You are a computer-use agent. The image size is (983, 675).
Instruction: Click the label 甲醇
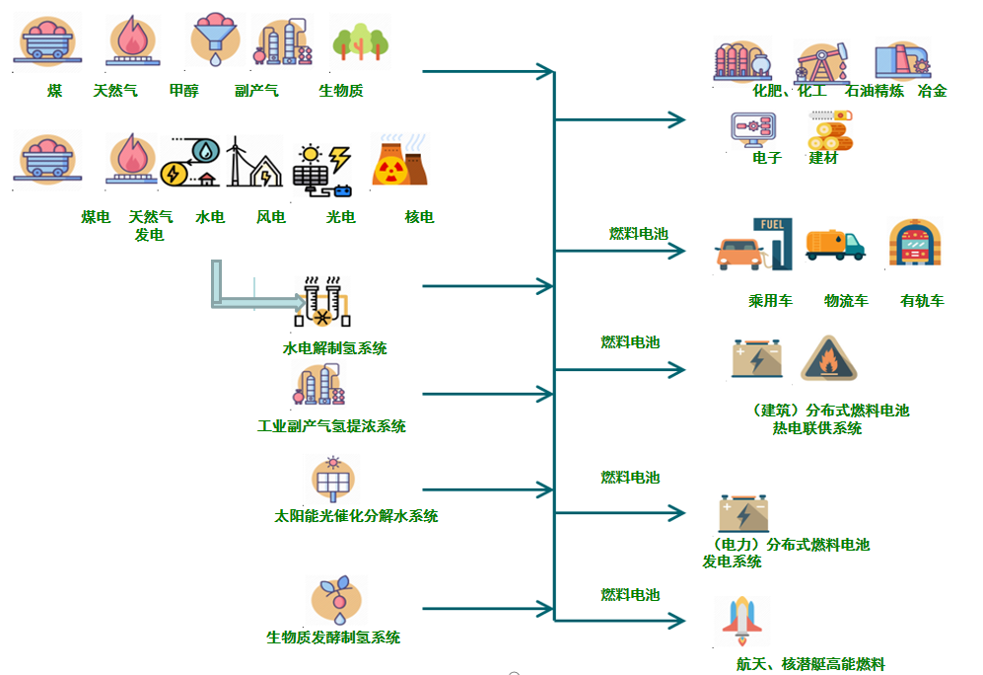pos(183,91)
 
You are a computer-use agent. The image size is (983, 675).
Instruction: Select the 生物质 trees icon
pos(359,42)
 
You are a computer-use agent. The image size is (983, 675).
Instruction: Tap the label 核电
pos(419,217)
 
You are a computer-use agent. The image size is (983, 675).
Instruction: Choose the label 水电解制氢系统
pos(334,348)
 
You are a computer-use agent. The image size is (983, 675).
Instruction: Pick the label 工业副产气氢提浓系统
pos(331,426)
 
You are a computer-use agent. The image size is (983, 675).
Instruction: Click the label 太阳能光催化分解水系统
pos(355,516)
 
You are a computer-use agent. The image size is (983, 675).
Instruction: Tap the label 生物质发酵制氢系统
pos(333,637)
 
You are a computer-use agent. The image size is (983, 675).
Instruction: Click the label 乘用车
pos(770,301)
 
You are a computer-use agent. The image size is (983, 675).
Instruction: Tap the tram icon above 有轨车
pos(914,245)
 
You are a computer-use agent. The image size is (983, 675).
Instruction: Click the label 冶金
pos(932,91)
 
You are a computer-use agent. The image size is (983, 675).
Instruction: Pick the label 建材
pos(823,158)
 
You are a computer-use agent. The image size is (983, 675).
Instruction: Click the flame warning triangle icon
pos(827,360)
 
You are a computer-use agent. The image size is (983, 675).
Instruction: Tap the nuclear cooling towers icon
pos(399,162)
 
